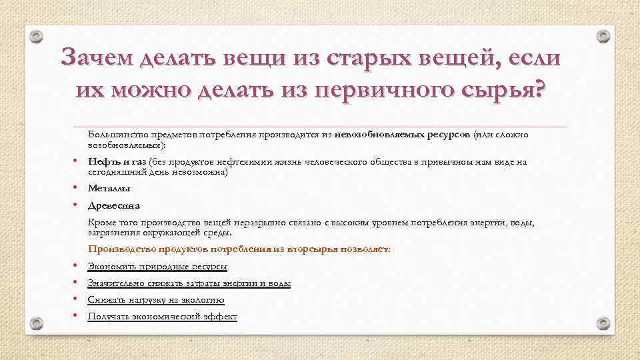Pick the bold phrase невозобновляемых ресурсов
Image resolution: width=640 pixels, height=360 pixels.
click(403, 135)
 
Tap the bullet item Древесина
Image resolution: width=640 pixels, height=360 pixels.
click(113, 206)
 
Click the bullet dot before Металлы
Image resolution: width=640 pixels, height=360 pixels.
click(77, 188)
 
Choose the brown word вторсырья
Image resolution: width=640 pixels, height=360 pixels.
click(315, 249)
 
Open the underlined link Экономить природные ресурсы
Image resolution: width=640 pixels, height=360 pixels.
click(157, 267)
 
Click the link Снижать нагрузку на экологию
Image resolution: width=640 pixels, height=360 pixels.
click(155, 300)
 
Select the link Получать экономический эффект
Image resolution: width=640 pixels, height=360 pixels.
click(162, 317)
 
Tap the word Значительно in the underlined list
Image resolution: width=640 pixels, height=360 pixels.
click(112, 283)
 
